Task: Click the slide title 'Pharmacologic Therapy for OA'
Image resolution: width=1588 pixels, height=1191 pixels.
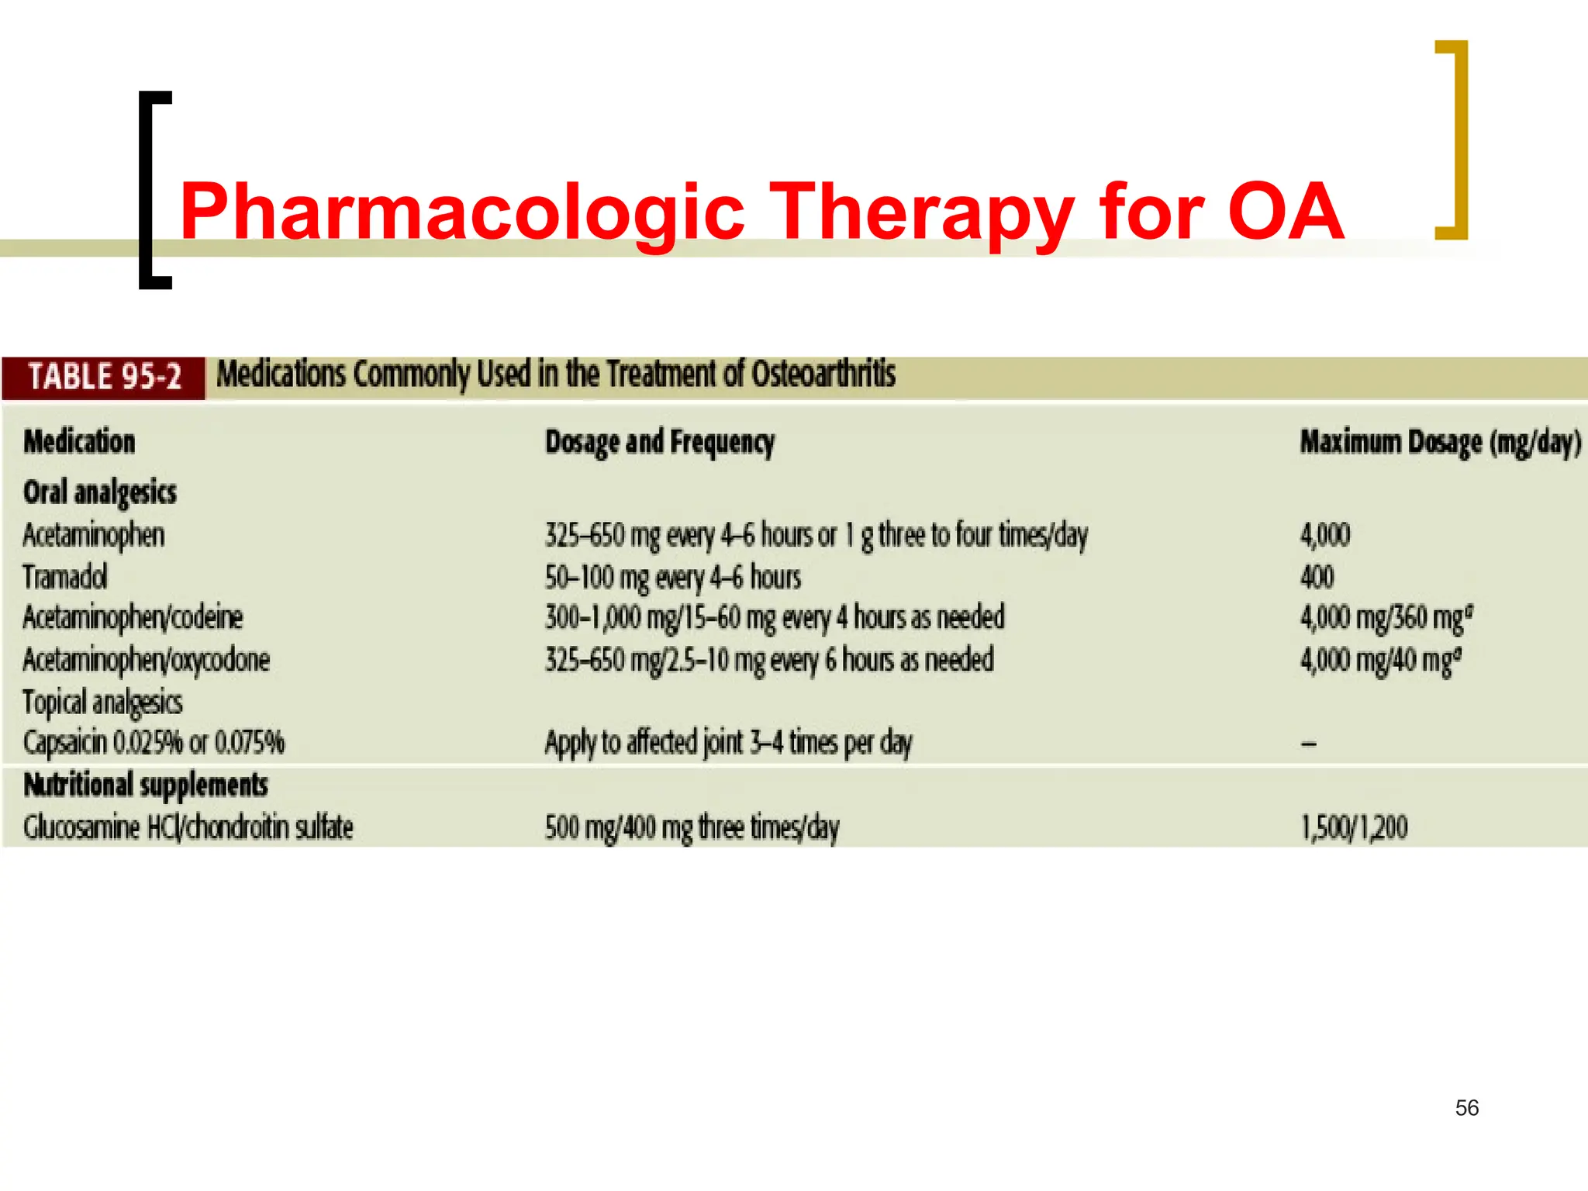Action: [x=761, y=211]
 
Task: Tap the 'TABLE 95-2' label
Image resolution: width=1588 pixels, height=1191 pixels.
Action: [x=105, y=378]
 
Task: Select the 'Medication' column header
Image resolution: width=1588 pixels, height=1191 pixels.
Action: [x=79, y=442]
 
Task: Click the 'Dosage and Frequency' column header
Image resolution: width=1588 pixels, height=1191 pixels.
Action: [x=660, y=442]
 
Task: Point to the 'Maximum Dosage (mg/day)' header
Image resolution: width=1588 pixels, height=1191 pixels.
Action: [x=1440, y=442]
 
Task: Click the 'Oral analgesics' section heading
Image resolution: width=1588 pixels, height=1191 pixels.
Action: [x=100, y=492]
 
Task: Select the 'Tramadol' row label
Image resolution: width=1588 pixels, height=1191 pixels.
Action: [x=65, y=577]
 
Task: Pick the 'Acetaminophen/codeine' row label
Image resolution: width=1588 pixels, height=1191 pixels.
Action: [x=133, y=618]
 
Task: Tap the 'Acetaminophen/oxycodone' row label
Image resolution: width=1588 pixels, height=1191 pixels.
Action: [x=147, y=660]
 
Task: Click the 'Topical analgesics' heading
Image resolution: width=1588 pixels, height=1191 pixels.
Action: [x=102, y=702]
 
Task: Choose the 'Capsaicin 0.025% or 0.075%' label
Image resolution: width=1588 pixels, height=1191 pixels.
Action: [x=154, y=743]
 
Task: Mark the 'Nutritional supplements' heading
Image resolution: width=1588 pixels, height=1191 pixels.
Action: [x=146, y=785]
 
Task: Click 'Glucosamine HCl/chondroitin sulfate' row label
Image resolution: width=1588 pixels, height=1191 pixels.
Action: [x=188, y=827]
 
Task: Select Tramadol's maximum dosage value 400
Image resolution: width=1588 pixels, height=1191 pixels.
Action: [x=1317, y=577]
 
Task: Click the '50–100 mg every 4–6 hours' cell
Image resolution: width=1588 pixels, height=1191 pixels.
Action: [x=673, y=578]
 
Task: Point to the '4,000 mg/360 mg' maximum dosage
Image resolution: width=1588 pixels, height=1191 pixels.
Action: [x=1386, y=618]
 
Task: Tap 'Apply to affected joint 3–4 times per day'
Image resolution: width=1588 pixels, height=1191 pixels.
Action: [x=728, y=743]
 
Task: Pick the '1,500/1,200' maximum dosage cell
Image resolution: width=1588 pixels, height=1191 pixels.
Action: [x=1354, y=827]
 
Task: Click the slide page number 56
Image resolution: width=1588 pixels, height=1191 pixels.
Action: [x=1466, y=1107]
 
